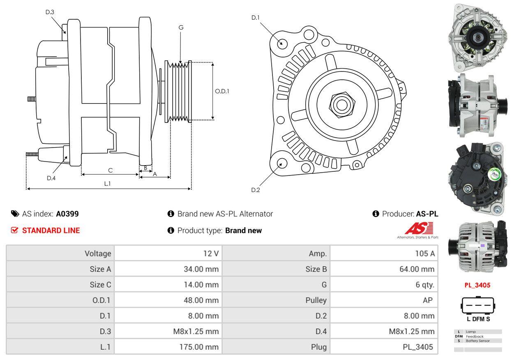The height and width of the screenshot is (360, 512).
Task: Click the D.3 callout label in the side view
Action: coord(50,12)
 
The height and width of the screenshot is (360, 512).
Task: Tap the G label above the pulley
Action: coord(181,28)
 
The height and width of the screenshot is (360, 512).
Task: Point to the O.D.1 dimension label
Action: coord(222,91)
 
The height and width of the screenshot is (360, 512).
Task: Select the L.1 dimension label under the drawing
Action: coord(107,184)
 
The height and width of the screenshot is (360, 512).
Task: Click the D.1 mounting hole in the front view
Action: coord(282,43)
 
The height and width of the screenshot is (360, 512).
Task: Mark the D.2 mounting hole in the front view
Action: coord(282,163)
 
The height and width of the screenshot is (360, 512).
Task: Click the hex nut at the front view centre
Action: coord(341,104)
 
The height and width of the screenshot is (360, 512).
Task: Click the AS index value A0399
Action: coord(67,214)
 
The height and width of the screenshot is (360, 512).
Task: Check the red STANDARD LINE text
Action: coord(51,231)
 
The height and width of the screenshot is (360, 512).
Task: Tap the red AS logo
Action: coord(419,228)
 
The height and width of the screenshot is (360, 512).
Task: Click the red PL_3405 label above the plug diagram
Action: coord(477,285)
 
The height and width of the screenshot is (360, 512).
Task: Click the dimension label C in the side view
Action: coord(110,170)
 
